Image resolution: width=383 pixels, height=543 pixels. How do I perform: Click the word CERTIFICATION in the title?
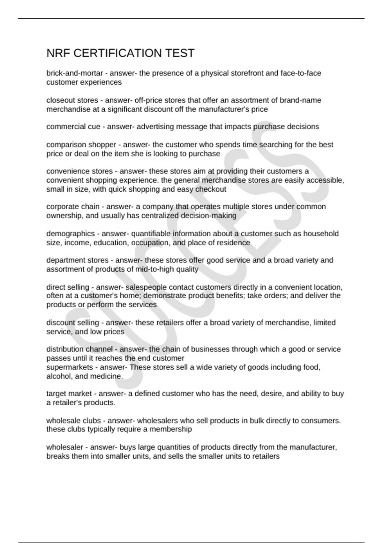pos(118,53)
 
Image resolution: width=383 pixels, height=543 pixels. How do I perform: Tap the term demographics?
pos(71,233)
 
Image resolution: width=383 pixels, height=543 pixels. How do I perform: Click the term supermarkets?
pos(70,367)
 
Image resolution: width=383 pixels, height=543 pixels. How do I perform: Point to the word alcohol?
pos(58,376)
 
